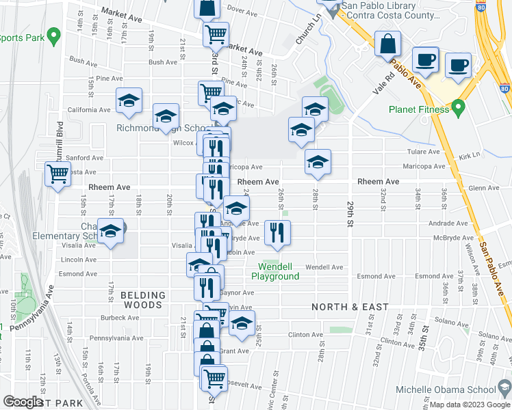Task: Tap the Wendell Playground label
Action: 275,271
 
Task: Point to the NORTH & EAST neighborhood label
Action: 350,307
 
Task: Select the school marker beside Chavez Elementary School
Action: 110,231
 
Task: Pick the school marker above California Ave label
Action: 129,100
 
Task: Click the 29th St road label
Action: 350,214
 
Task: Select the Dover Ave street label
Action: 241,10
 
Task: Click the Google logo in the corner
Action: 23,402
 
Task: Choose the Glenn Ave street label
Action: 485,188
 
